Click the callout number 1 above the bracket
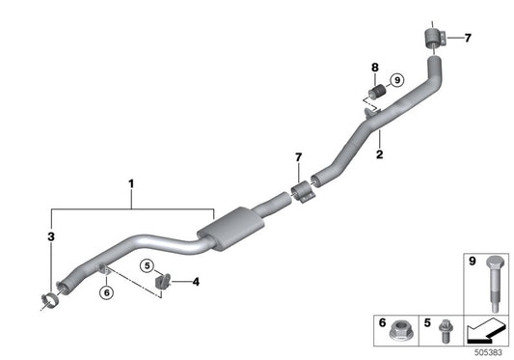pyautogui.click(x=131, y=181)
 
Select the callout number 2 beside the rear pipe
pyautogui.click(x=380, y=152)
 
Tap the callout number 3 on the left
pyautogui.click(x=49, y=235)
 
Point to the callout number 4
pyautogui.click(x=196, y=283)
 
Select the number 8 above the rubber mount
pyautogui.click(x=375, y=68)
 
